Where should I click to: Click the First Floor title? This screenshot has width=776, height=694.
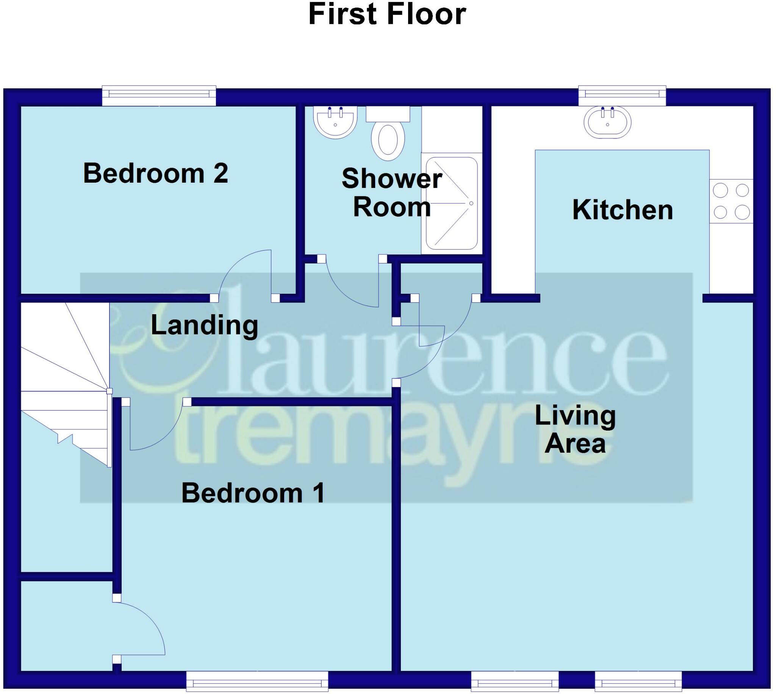(x=387, y=14)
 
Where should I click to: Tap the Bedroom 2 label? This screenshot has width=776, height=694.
(x=155, y=174)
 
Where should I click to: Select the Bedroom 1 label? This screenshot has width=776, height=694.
(x=253, y=493)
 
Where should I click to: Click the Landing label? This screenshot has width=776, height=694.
(x=204, y=325)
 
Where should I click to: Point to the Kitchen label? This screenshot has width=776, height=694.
(x=623, y=210)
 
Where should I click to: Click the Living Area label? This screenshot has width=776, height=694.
(x=575, y=430)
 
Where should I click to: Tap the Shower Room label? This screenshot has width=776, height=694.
(x=392, y=193)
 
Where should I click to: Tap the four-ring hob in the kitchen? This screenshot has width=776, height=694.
(x=731, y=201)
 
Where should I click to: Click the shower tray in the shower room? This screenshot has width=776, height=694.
(x=451, y=203)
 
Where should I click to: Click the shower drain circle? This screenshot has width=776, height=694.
(x=471, y=203)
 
